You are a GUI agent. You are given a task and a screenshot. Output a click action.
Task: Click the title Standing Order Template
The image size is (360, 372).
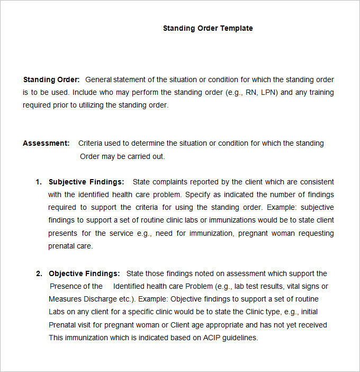tap(208, 28)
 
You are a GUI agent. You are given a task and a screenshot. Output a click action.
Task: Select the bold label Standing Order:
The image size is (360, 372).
tap(51, 79)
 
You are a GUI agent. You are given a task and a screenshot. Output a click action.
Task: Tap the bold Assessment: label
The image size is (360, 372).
tap(46, 143)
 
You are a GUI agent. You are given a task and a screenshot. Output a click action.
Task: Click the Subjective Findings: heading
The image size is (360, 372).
tap(86, 182)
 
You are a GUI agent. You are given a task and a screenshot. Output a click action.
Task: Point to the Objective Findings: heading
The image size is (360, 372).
tap(84, 273)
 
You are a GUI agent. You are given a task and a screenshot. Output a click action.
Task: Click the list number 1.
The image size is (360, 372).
tap(38, 182)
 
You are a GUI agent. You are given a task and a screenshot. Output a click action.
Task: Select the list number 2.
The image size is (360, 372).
tap(39, 273)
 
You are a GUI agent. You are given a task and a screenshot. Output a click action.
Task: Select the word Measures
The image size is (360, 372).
tap(64, 299)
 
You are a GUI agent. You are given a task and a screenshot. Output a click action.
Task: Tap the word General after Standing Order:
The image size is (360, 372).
tap(98, 79)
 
